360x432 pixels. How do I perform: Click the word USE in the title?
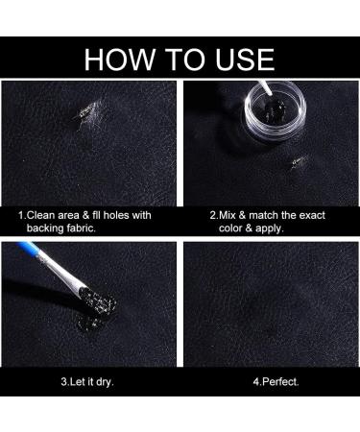click(x=245, y=60)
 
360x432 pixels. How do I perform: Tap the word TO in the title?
click(x=185, y=60)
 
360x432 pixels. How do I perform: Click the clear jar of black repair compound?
click(x=276, y=111)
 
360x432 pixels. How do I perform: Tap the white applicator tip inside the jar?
click(x=266, y=88)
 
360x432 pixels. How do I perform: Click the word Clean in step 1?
click(x=39, y=215)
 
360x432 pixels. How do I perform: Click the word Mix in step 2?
click(x=227, y=215)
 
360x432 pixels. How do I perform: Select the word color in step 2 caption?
click(x=230, y=228)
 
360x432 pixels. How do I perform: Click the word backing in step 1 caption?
click(x=45, y=228)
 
